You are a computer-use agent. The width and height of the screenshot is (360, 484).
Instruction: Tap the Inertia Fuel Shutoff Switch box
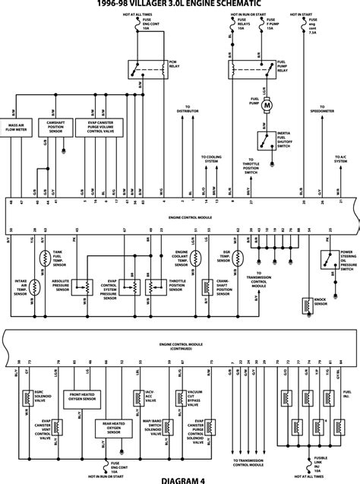pyautogui.click(x=266, y=140)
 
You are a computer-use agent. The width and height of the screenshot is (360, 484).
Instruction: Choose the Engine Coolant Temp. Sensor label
pyautogui.click(x=185, y=239)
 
